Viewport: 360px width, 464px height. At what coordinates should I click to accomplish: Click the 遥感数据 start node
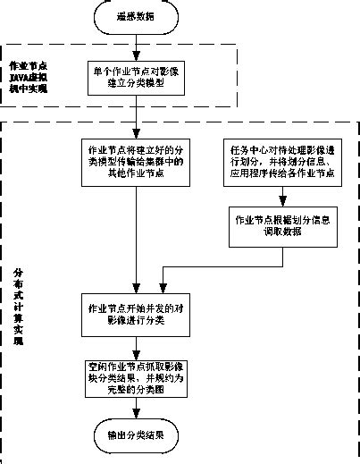coord(136,16)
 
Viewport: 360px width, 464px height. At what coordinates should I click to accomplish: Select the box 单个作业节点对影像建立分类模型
coord(137,78)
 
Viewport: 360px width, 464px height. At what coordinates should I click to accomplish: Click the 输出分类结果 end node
coord(136,435)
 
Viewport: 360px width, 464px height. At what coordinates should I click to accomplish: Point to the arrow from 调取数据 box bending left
coord(223,266)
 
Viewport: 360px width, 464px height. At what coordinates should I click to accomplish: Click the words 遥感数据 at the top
coord(136,16)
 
